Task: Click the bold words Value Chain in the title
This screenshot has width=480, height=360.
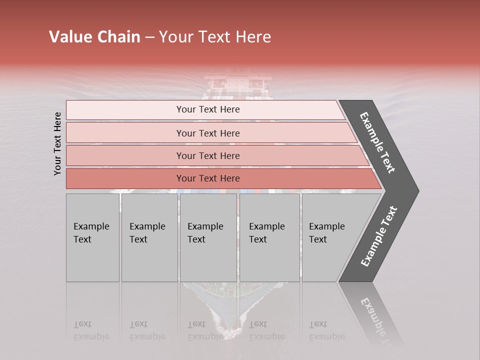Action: (x=94, y=37)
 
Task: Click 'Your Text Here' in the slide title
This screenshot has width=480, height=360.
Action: (x=215, y=37)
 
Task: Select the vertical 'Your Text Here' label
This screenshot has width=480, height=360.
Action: (x=57, y=143)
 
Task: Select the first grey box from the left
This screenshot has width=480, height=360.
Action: (x=92, y=237)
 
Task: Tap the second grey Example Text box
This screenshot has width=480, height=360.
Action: (x=149, y=237)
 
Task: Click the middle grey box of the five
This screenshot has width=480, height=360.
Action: (x=208, y=237)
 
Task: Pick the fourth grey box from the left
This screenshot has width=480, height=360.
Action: (x=269, y=237)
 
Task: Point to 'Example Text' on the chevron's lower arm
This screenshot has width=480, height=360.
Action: (x=379, y=236)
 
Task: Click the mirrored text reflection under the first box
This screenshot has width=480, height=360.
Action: (x=91, y=330)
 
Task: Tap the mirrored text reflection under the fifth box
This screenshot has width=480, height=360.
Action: (x=326, y=330)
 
